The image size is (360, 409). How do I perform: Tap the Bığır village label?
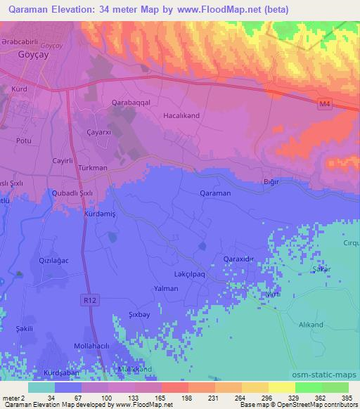(x=271, y=182)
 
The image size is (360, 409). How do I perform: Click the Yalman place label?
(x=166, y=289)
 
